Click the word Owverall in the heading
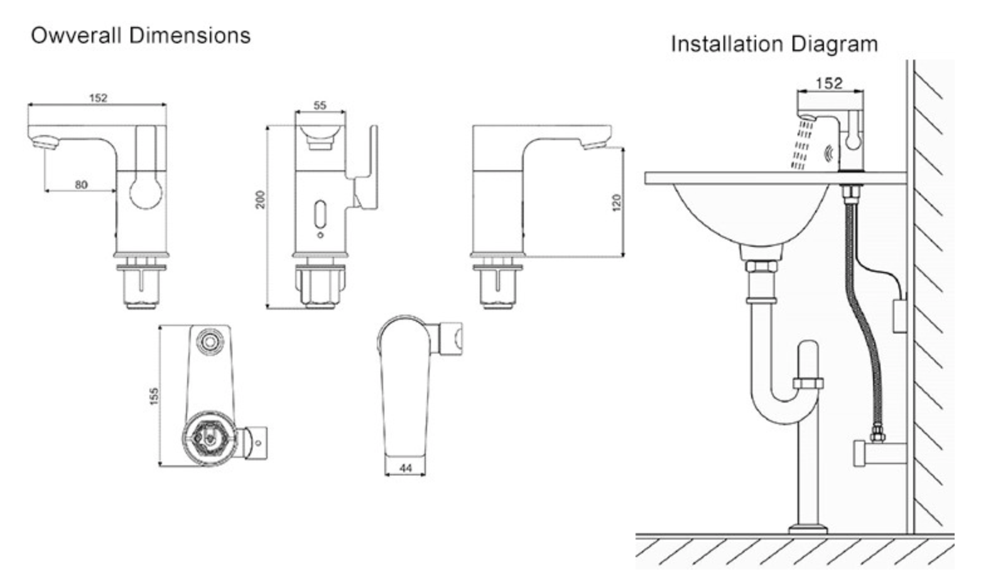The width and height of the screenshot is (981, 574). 75,36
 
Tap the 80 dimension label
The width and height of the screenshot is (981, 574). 81,185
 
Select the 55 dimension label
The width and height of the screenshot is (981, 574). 320,106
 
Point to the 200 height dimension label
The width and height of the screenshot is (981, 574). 261,200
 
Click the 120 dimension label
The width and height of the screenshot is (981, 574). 616,203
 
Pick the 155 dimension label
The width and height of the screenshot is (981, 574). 154,396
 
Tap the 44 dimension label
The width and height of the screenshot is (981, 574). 405,468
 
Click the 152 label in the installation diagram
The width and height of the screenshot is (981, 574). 829,83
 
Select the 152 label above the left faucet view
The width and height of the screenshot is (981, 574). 98,98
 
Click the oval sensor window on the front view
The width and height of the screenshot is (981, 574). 320,215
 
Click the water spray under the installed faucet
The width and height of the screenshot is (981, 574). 801,146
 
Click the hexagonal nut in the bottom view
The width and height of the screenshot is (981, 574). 208,436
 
